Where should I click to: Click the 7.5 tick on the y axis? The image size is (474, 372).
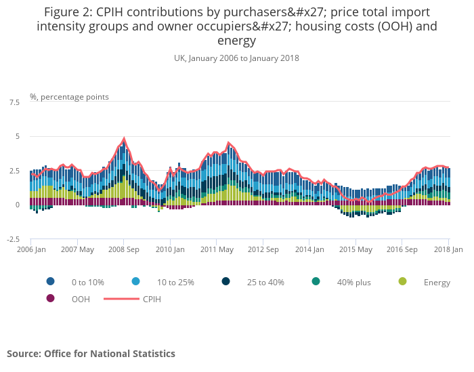(x=14, y=102)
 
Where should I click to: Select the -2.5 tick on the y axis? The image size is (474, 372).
(x=12, y=239)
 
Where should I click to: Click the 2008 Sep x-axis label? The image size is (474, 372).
(x=123, y=249)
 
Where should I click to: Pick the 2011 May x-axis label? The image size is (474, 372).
(x=216, y=249)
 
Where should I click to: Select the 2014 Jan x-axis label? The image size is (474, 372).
(x=309, y=249)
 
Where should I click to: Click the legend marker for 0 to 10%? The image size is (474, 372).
(x=51, y=282)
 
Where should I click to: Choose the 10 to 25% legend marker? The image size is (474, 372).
(x=136, y=282)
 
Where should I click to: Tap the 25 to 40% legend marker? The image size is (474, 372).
(x=225, y=282)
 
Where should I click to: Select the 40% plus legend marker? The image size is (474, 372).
(x=316, y=282)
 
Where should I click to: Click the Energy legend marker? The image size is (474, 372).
(x=403, y=282)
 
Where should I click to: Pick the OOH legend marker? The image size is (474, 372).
(x=51, y=298)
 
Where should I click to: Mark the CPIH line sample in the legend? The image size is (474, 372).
(x=120, y=298)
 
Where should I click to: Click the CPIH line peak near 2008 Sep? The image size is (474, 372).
(x=124, y=139)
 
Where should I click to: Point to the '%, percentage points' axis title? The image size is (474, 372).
(x=69, y=97)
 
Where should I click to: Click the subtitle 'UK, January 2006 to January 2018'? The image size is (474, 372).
(x=236, y=58)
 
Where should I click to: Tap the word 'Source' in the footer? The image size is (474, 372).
(x=24, y=354)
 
